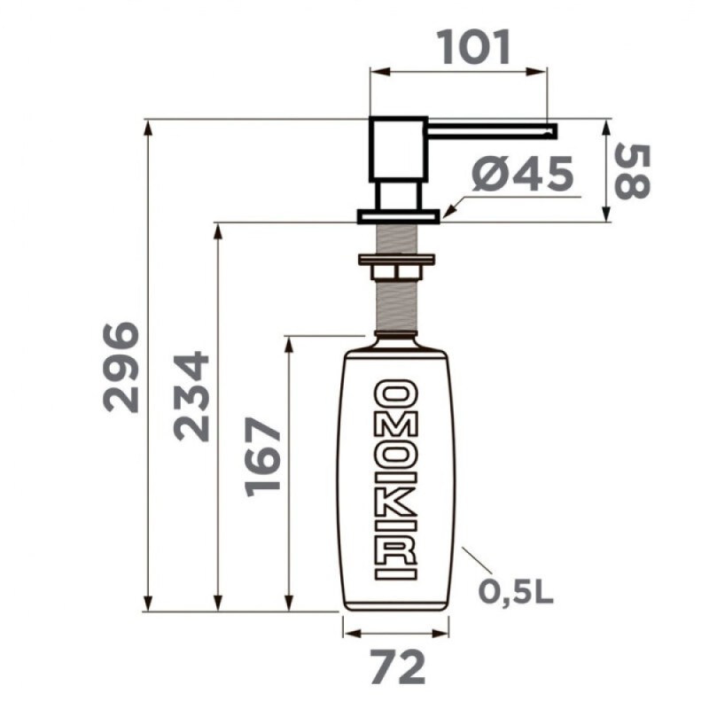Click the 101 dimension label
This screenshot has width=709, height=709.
click(x=474, y=47)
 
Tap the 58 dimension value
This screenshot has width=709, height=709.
click(x=633, y=171)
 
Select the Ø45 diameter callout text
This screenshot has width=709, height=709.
click(x=522, y=173)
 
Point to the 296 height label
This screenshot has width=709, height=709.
click(x=121, y=367)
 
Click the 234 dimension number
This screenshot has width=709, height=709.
click(x=191, y=396)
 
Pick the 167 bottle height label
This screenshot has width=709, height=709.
click(x=262, y=457)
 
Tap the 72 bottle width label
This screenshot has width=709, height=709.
click(x=398, y=667)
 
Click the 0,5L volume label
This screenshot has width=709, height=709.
click(x=516, y=591)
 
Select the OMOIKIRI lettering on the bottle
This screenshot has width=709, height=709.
click(x=395, y=480)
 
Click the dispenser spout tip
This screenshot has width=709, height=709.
click(x=554, y=130)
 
